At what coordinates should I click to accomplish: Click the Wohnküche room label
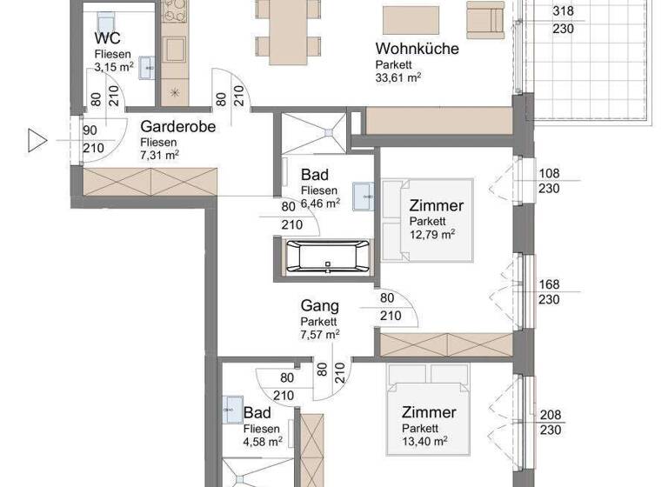(x=417, y=49)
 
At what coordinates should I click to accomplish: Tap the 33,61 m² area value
(x=398, y=77)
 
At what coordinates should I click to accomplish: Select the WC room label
(x=108, y=39)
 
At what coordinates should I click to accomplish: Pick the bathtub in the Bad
(x=327, y=257)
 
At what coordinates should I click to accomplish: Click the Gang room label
(x=319, y=306)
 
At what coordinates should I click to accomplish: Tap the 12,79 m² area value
(x=432, y=234)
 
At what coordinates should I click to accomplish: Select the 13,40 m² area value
(x=424, y=441)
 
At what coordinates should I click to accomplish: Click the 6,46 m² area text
(x=320, y=203)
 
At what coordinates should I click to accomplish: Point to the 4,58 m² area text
(x=263, y=442)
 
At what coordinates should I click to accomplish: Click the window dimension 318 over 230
(x=563, y=19)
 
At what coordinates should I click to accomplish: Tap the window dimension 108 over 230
(x=549, y=181)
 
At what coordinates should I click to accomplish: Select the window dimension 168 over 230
(x=549, y=291)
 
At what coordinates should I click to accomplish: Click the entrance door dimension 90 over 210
(x=91, y=139)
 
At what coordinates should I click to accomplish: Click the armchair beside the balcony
(x=485, y=18)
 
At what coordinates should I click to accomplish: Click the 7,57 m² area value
(x=320, y=333)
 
